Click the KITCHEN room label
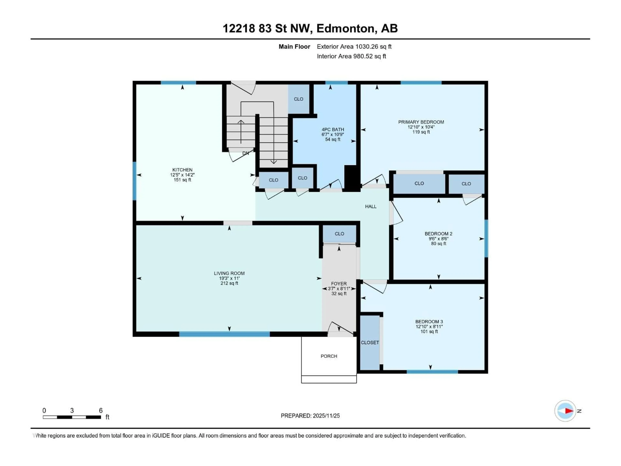tap(182, 170)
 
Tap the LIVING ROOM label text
tap(229, 273)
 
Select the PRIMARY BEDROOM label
tap(421, 122)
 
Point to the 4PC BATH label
tap(333, 129)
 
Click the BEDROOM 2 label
tap(438, 233)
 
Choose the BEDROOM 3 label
tap(429, 321)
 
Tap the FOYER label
tap(339, 283)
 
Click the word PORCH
tap(329, 356)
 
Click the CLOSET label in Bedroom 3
tap(370, 342)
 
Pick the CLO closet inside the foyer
tap(339, 234)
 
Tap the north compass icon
tap(565, 411)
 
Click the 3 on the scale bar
tap(72, 410)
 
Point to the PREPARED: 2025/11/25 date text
tap(310, 416)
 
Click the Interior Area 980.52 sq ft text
tap(351, 56)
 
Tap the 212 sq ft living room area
tap(229, 283)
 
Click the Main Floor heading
tap(294, 47)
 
